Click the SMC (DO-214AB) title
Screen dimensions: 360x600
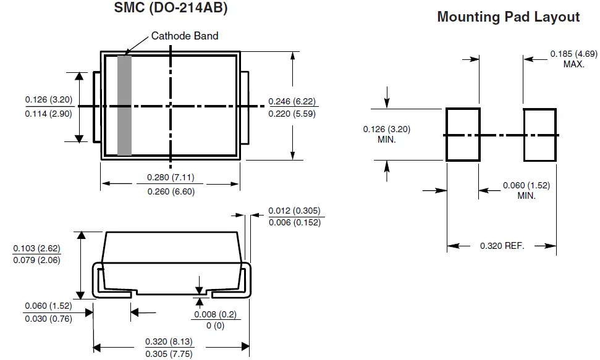pos(171,9)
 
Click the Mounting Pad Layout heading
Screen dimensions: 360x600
pos(508,17)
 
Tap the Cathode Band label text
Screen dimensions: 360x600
pos(185,36)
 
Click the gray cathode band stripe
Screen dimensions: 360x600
pos(125,105)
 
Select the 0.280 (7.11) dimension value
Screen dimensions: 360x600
pos(171,178)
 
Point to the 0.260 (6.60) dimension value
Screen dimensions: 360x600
pos(171,191)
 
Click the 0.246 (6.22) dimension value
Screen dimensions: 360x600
pos(293,101)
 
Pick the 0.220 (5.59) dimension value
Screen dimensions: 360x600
pos(293,114)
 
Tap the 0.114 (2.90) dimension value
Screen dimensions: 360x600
pos(48,114)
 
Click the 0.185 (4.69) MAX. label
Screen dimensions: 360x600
pos(573,59)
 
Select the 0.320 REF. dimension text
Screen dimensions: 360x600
pos(502,246)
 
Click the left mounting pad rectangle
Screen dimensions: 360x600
pos(463,135)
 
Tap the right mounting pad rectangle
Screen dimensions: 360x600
pos(540,135)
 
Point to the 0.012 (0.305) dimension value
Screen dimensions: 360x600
pos(295,211)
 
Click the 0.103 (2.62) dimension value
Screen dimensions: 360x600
pos(36,248)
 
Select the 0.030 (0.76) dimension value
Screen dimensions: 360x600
pos(48,319)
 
